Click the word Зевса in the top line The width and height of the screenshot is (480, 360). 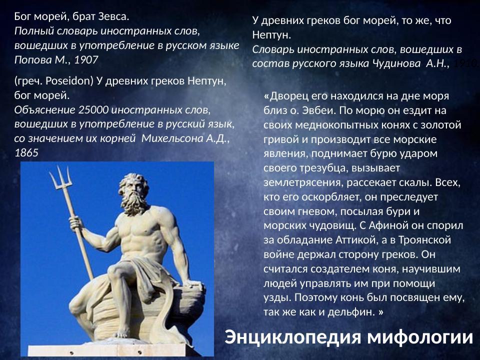[x=114, y=16]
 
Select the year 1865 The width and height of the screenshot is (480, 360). [x=26, y=152]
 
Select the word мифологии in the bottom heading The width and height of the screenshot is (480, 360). [x=420, y=337]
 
